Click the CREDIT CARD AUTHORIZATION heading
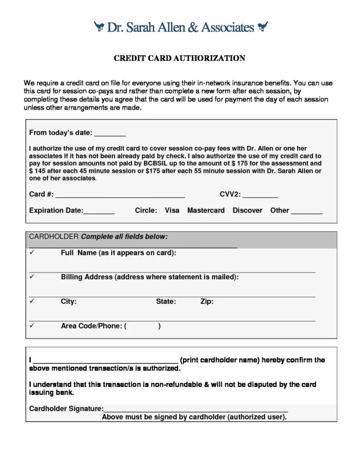179,58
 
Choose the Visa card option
172,211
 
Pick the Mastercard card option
206,211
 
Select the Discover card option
247,211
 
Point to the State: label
166,301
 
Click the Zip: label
207,301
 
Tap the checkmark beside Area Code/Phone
32,326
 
